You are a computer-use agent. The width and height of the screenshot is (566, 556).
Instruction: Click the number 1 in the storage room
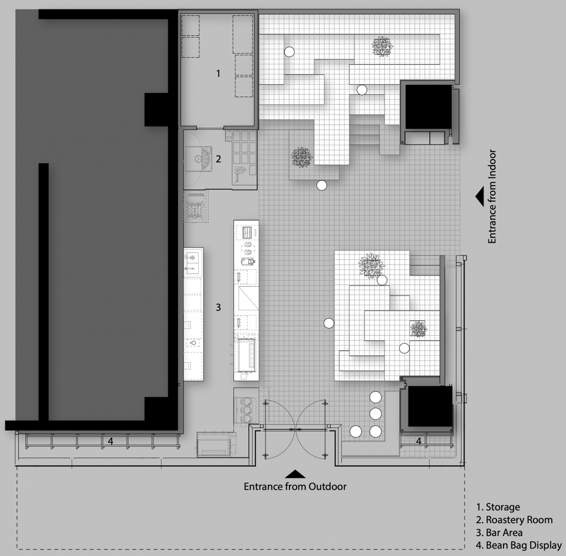(218, 74)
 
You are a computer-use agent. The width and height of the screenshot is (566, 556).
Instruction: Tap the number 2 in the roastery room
(218, 159)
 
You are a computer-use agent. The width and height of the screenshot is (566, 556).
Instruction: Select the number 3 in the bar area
(218, 307)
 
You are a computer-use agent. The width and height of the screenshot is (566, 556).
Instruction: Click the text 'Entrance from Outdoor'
(295, 486)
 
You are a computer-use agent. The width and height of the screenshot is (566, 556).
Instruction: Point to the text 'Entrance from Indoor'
(492, 197)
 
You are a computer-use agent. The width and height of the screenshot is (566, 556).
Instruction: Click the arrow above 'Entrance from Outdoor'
(295, 474)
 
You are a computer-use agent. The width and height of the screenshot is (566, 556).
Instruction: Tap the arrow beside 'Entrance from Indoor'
(480, 197)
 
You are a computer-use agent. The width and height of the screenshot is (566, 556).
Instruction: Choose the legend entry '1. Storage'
(498, 507)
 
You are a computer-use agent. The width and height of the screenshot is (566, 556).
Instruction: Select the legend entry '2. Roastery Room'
(514, 520)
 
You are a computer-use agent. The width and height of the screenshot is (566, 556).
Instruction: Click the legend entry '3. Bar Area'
(499, 532)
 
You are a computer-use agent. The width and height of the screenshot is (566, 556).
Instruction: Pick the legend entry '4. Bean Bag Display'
(519, 545)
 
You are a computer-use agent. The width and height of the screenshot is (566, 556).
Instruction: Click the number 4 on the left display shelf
(110, 441)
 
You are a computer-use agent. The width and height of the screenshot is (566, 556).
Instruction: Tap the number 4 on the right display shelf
(419, 441)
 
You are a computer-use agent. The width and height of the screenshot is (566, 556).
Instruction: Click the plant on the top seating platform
(382, 46)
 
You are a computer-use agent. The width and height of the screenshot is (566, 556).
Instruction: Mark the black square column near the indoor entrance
(429, 107)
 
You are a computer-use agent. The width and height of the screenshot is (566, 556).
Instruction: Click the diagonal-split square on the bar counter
(249, 298)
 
